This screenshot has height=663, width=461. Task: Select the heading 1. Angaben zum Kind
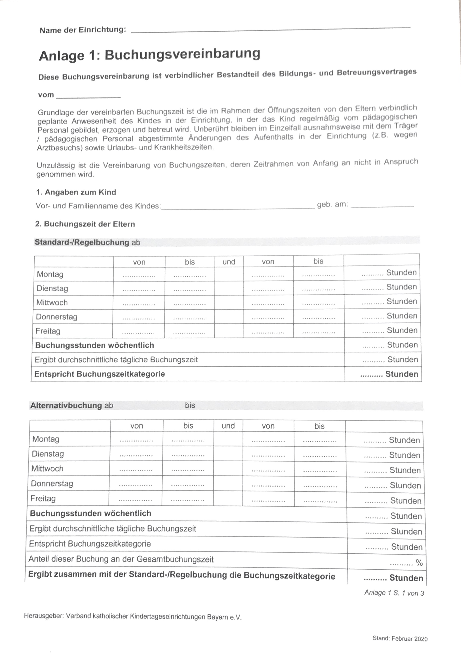[76, 192]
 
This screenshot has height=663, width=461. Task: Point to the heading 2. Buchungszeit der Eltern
[85, 224]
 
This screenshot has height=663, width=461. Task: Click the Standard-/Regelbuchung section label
[82, 242]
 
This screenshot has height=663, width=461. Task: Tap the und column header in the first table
[229, 262]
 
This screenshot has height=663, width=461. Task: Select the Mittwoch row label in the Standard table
[52, 303]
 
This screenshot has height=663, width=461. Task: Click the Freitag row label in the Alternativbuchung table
[43, 498]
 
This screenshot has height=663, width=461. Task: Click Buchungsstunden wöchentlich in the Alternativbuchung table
[90, 513]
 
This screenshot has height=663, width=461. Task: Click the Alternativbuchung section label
[66, 405]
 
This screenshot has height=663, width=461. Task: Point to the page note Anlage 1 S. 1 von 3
[394, 593]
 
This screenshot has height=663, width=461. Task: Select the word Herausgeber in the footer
[43, 616]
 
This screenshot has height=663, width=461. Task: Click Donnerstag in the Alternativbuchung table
[52, 483]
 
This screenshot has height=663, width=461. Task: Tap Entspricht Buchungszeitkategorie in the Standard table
[99, 374]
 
